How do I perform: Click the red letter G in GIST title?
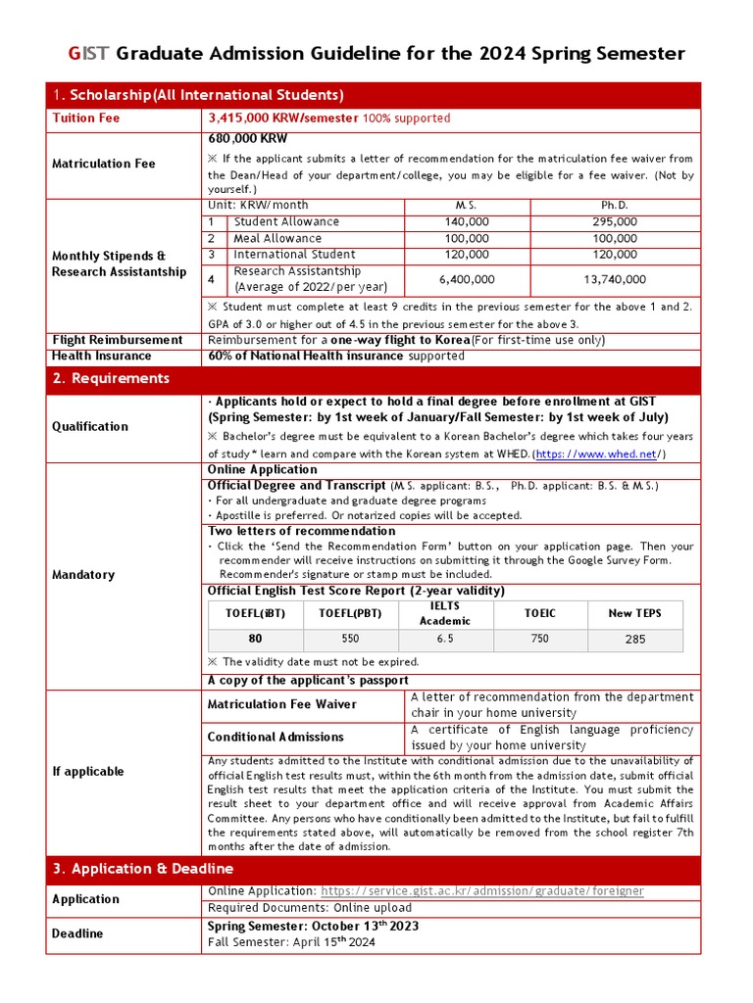74,53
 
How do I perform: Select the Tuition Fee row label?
85,118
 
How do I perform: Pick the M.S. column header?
467,206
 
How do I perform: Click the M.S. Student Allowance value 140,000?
467,222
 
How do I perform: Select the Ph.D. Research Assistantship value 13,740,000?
615,279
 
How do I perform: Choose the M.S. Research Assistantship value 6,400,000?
467,279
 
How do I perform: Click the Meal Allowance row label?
277,238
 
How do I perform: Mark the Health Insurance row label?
101,356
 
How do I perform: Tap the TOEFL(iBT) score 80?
255,638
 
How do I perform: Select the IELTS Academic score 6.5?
444,638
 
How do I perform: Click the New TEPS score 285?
634,639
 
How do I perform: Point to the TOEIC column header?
539,613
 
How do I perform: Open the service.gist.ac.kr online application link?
482,890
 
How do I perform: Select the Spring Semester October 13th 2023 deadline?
313,926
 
